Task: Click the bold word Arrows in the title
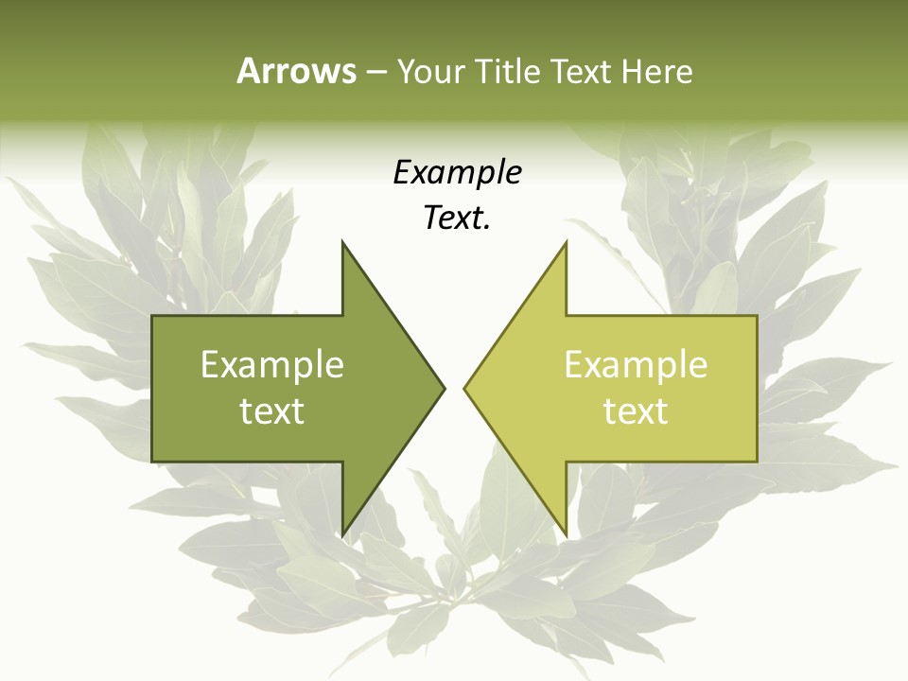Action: click(x=296, y=71)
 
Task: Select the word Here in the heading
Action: click(x=656, y=71)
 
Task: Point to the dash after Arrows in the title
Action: click(x=375, y=72)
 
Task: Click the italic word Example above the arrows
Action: click(x=457, y=173)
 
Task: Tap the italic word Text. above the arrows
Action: click(x=457, y=218)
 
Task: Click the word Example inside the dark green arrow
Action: click(x=271, y=364)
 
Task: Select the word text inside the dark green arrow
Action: click(x=271, y=411)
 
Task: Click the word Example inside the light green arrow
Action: click(x=636, y=364)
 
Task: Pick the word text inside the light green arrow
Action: click(x=636, y=411)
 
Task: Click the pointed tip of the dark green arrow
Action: click(x=444, y=388)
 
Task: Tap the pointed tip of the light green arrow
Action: click(x=464, y=388)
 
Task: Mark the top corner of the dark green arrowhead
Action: click(x=342, y=242)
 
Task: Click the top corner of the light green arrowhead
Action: click(x=566, y=242)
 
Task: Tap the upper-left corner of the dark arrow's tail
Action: click(x=153, y=316)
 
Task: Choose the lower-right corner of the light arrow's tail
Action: click(x=757, y=461)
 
